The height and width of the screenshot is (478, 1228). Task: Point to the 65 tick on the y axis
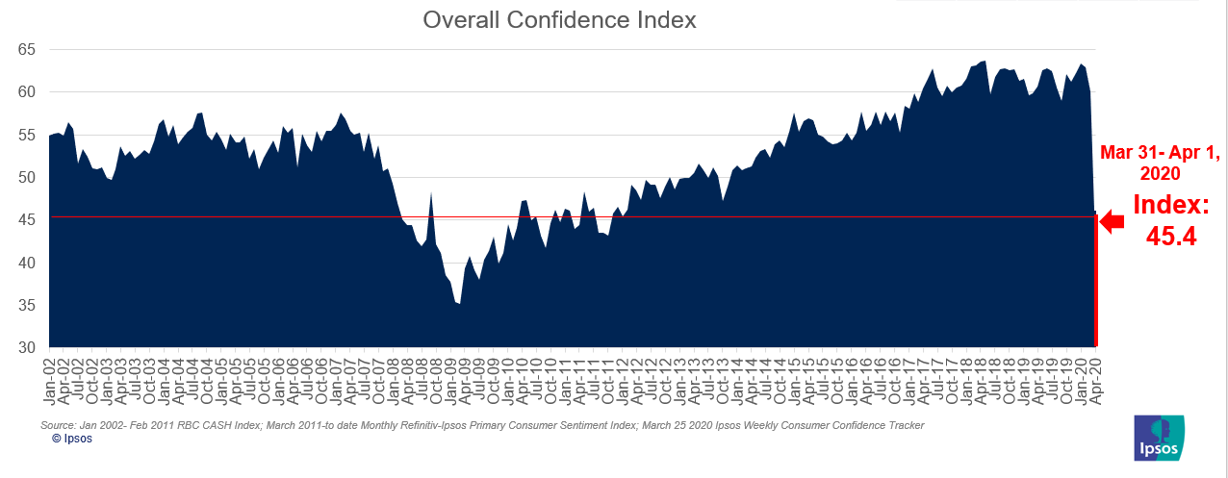(27, 49)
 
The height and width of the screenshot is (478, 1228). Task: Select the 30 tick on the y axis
(27, 347)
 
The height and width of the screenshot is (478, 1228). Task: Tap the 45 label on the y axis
(27, 219)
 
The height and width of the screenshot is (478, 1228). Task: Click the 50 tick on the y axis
(27, 177)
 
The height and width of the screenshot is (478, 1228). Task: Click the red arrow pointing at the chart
(1112, 222)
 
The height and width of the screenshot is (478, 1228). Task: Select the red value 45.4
(1171, 236)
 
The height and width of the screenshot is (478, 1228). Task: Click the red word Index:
(1171, 204)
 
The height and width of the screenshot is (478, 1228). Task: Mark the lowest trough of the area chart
(459, 304)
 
